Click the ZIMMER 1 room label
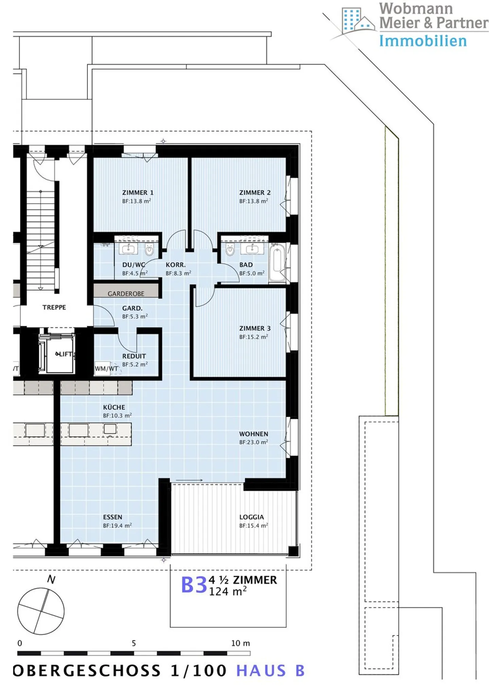tap(138, 193)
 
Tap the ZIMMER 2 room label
tap(255, 193)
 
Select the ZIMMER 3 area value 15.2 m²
tap(254, 337)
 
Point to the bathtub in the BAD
tap(277, 263)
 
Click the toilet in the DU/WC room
tap(149, 250)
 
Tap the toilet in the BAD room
tap(230, 250)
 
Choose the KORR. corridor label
tap(176, 265)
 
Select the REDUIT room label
tap(134, 356)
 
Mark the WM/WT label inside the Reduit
tap(107, 369)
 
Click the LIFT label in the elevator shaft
tap(65, 354)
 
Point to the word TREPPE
tap(54, 307)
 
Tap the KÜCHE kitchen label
tap(114, 407)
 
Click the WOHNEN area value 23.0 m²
tap(254, 442)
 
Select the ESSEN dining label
tap(113, 517)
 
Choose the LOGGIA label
tap(252, 517)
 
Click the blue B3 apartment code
tap(194, 585)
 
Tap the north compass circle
tap(41, 611)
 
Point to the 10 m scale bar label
tap(240, 643)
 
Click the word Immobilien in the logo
tap(423, 41)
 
